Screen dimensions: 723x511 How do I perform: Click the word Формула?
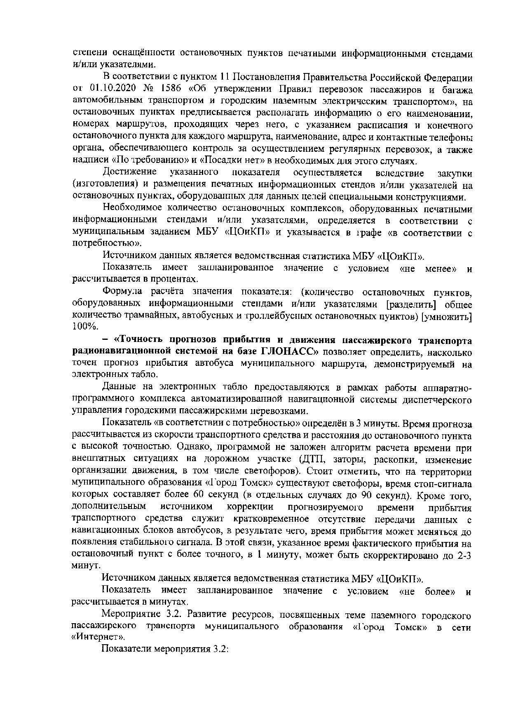coord(122,292)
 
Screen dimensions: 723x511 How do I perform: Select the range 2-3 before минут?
coord(464,555)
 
